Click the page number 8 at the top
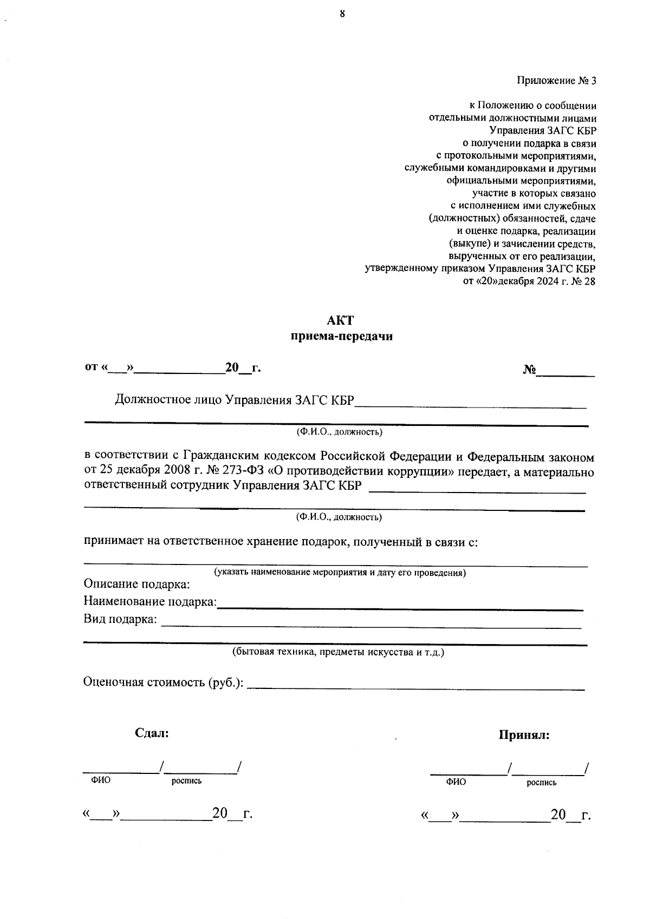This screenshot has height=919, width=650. pos(342,14)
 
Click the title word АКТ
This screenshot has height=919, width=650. pos(340,320)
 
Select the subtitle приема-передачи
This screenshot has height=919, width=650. pos(341,337)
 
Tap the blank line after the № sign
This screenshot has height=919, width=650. pos(565,373)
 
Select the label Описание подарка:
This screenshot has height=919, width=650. pos(136,585)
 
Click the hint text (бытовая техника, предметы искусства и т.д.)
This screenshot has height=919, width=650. pos(338,653)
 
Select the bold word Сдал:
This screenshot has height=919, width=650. pos(152,734)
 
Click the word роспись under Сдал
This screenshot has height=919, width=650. pos(186,781)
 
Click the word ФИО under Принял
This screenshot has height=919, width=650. pos(456,783)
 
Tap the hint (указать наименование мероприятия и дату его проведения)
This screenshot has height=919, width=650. pos(340,573)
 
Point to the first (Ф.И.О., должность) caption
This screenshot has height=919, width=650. pos(339,432)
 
